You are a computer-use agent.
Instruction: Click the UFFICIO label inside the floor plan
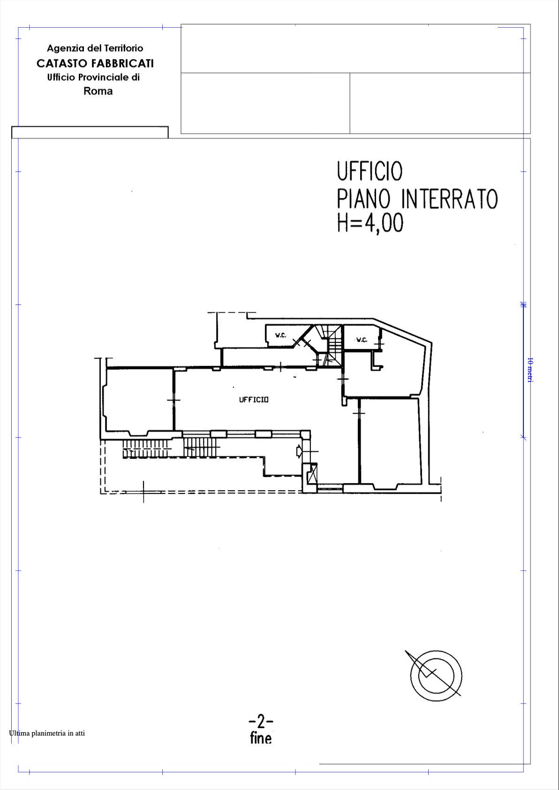coord(254,400)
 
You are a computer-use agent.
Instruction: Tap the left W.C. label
coord(280,335)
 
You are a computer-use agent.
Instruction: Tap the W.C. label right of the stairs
coord(362,340)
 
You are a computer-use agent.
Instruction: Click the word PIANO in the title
coord(363,199)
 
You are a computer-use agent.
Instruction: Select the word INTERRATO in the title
coord(449,199)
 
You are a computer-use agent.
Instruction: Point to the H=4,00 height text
coord(370,223)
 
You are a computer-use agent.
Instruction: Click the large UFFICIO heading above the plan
coord(370,171)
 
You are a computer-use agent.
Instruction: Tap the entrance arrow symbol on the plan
coord(299,451)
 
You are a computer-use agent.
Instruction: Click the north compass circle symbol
coord(436,675)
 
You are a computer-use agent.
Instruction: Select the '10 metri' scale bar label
coord(529,370)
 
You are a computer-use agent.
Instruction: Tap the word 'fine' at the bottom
coord(261,738)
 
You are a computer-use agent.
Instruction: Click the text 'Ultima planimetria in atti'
coord(47,733)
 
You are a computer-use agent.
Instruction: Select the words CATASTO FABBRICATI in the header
coord(95,63)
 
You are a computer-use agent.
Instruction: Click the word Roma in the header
coord(98,91)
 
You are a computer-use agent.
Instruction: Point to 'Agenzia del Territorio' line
coord(95,48)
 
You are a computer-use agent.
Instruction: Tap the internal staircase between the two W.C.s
coord(333,345)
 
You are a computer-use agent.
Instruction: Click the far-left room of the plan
coord(139,400)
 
